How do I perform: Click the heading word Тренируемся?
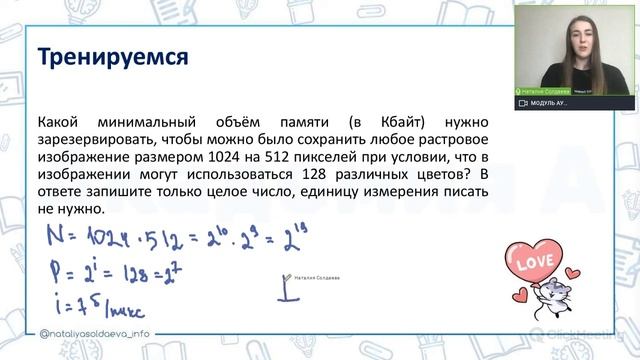click(113, 57)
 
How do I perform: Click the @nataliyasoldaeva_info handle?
click(96, 335)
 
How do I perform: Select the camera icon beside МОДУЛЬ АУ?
click(523, 103)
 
